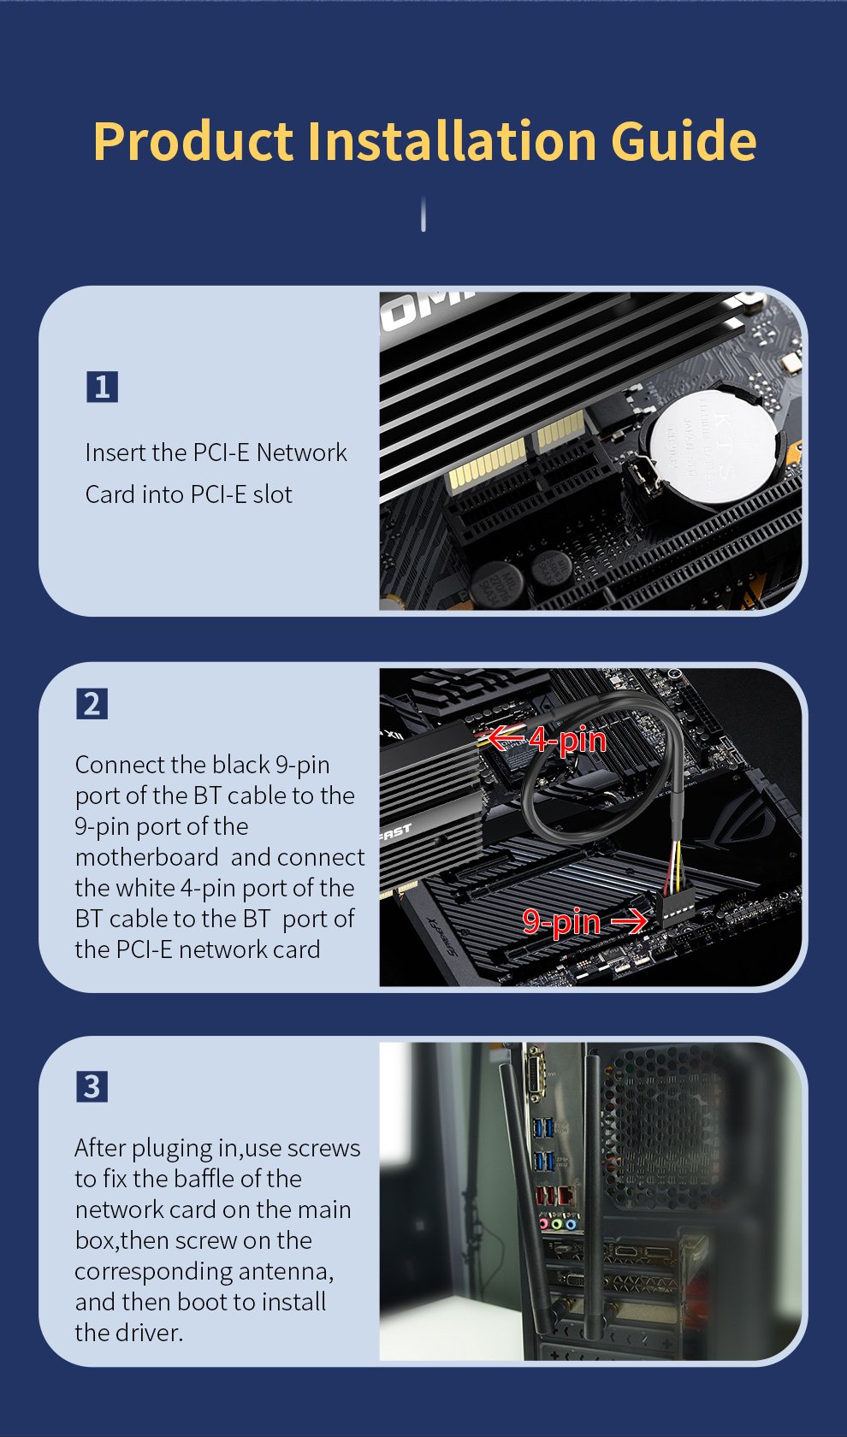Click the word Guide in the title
(684, 140)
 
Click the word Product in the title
(193, 140)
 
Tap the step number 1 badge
(102, 387)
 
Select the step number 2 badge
(92, 704)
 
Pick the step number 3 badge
(92, 1086)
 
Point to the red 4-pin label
(568, 740)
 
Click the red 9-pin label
(561, 922)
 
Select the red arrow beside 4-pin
(506, 737)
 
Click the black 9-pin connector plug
(674, 907)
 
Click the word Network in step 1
(301, 453)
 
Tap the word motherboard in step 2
(147, 857)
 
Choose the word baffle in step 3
(209, 1179)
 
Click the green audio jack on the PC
(557, 1224)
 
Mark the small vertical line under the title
(423, 214)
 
